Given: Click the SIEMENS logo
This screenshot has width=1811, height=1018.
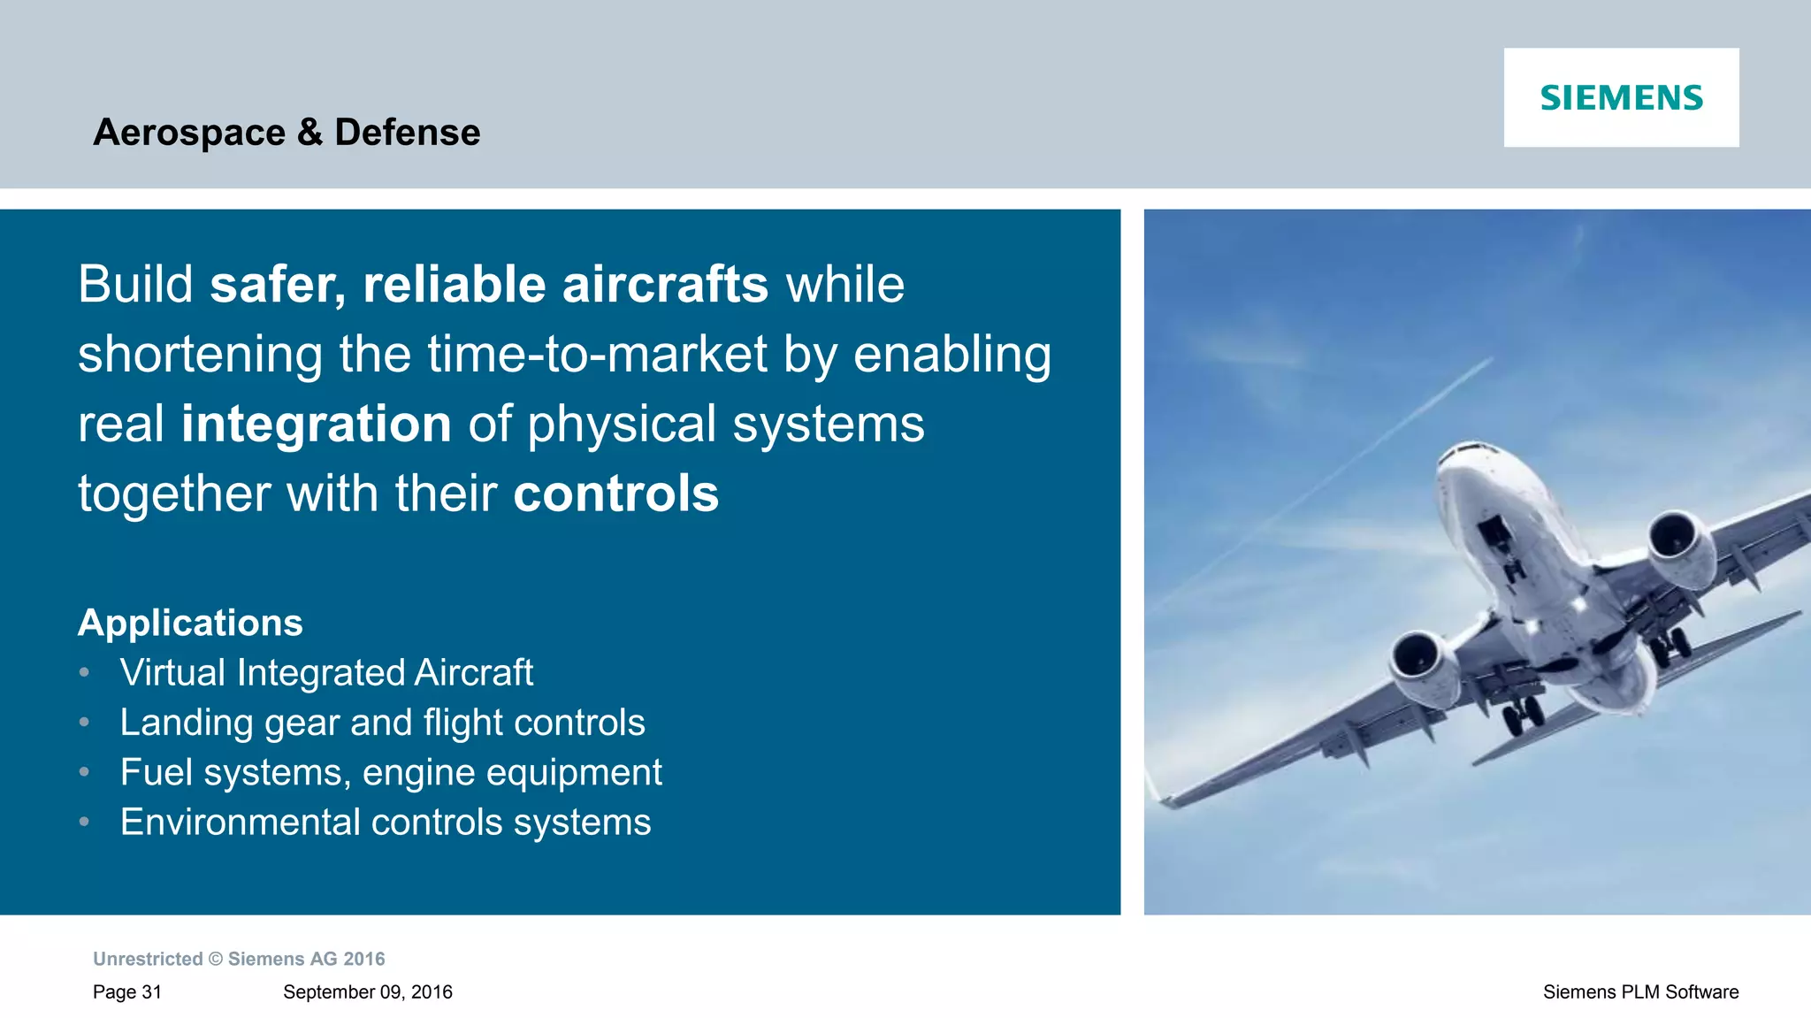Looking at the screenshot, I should [1621, 97].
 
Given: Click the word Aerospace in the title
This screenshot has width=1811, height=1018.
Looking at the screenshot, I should [189, 133].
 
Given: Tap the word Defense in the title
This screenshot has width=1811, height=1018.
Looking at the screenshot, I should [407, 133].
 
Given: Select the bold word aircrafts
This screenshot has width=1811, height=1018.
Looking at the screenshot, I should [665, 285].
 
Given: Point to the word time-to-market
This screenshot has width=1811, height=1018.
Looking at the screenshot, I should [598, 354].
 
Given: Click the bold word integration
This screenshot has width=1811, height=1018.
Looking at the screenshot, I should [317, 424].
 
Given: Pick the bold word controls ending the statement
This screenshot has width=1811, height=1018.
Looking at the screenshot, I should [616, 494].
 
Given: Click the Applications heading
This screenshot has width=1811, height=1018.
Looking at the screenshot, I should [190, 623].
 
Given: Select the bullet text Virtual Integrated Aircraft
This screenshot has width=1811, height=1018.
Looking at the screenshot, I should [326, 673].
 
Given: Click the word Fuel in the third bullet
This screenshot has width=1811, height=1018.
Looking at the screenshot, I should [157, 772].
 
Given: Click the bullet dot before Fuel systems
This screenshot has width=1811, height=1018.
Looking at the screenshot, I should [84, 772].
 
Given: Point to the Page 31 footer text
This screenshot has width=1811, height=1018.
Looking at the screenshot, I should [127, 992].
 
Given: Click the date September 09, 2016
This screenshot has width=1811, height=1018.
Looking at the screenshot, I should [367, 992].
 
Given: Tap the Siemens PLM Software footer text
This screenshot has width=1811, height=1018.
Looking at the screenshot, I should [1640, 992].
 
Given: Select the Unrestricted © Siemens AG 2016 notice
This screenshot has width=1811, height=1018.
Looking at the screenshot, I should [239, 959].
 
